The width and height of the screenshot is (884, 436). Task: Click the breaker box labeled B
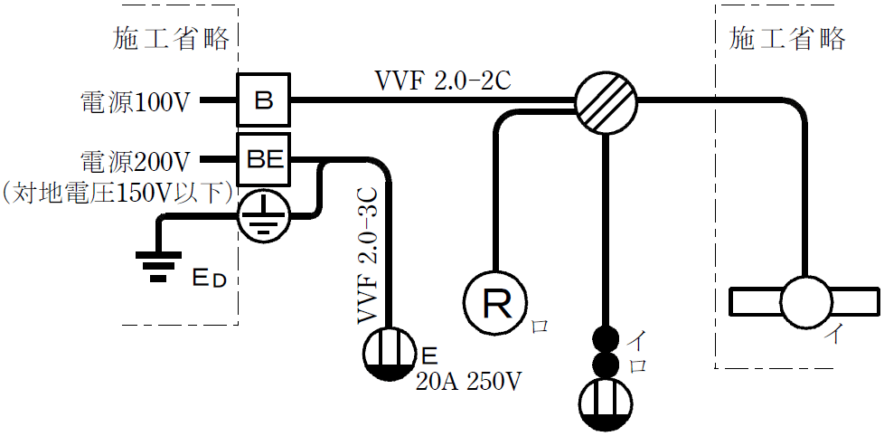coord(263,100)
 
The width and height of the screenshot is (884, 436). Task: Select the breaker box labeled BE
coord(263,160)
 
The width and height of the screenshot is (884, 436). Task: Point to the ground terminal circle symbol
coord(263,215)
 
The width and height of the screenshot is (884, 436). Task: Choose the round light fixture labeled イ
coord(805,301)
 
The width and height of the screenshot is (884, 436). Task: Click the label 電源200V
coord(135,162)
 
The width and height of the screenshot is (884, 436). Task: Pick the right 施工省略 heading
coord(786,38)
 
